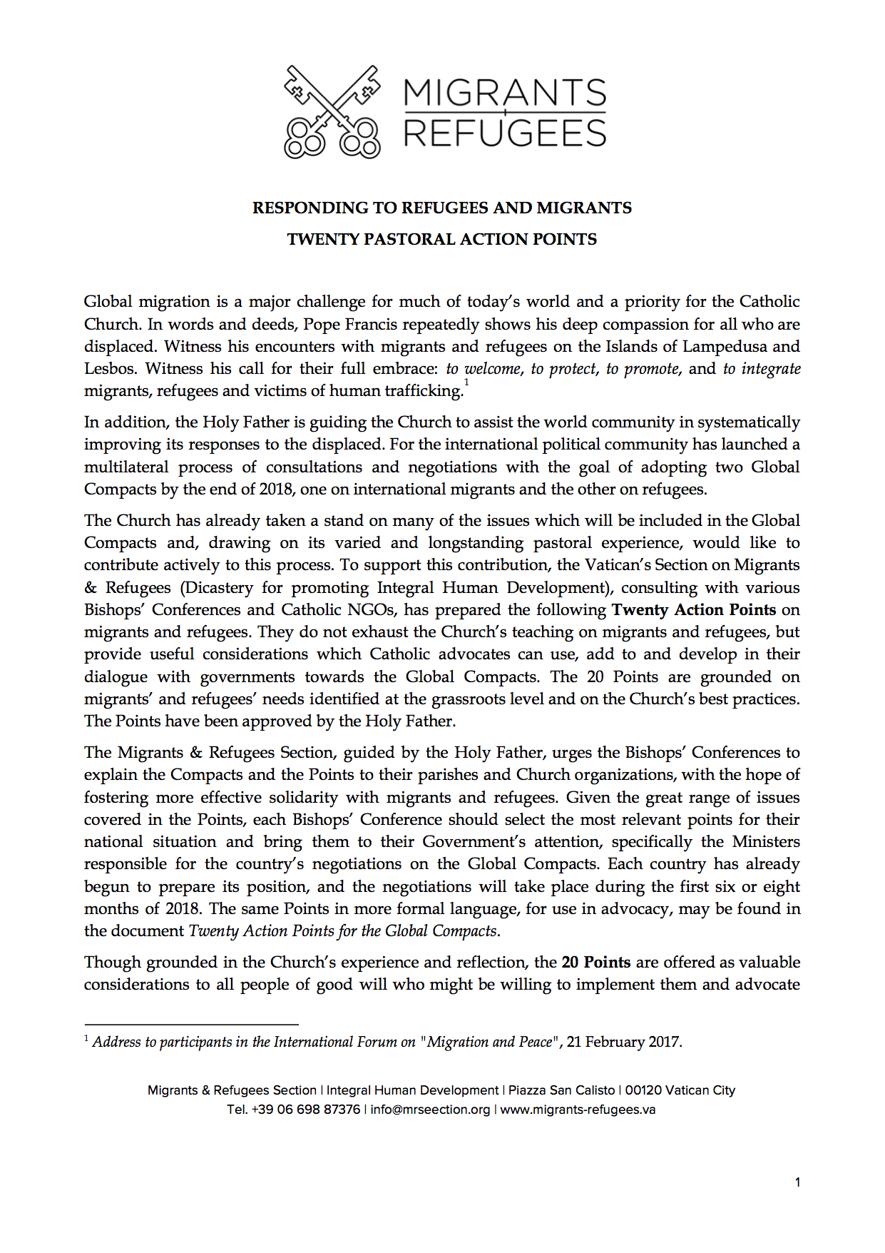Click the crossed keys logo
(x=332, y=111)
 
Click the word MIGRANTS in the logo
(x=505, y=93)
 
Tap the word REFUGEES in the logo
(x=505, y=133)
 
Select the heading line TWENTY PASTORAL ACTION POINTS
(x=441, y=239)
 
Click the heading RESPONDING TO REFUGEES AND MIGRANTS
(x=441, y=208)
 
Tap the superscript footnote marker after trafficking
(x=466, y=382)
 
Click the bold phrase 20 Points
(x=595, y=962)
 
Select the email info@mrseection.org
(x=430, y=1110)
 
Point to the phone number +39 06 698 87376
(x=305, y=1110)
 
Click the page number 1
(x=797, y=1182)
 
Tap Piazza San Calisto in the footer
(x=561, y=1090)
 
